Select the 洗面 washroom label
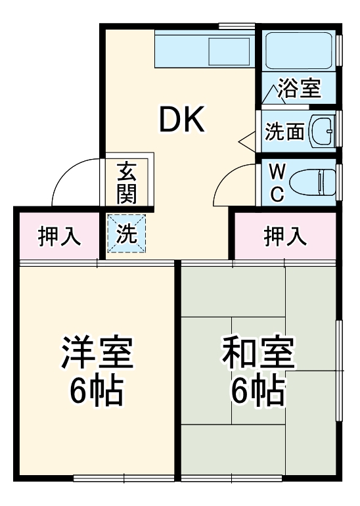click(284, 131)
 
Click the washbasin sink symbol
click(322, 131)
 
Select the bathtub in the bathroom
click(299, 50)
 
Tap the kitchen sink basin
click(228, 50)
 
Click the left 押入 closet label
click(59, 236)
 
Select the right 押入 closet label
click(285, 236)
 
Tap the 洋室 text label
click(98, 353)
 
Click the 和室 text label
click(258, 353)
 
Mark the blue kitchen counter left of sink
click(181, 50)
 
